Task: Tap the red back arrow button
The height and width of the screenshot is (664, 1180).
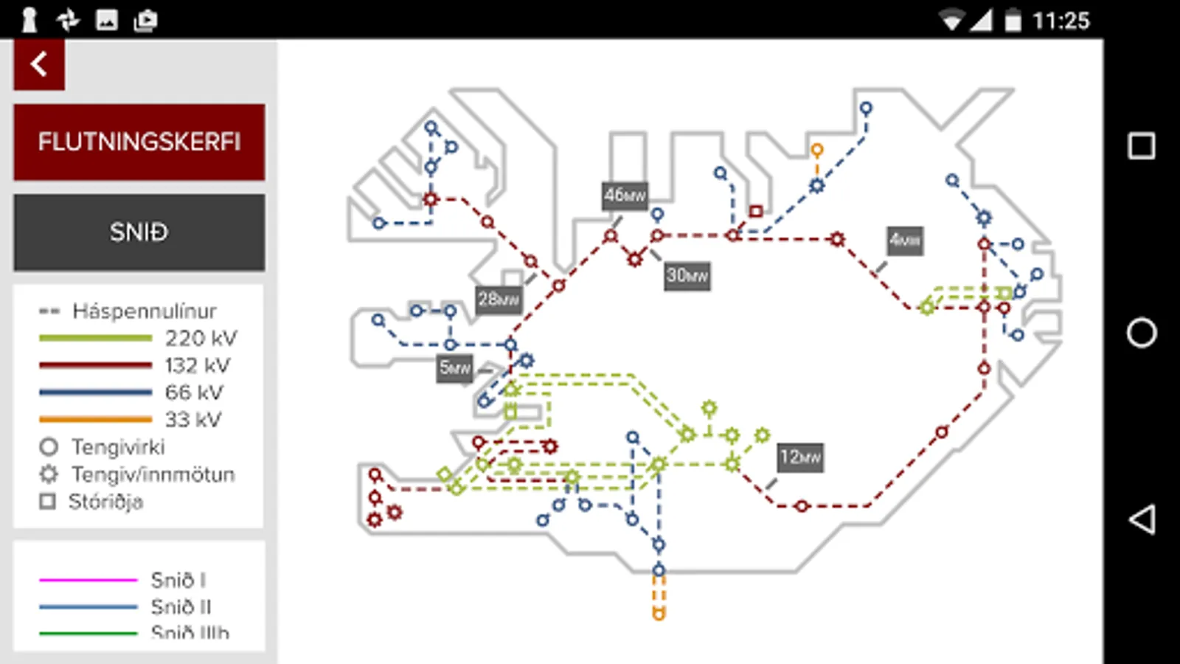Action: tap(39, 65)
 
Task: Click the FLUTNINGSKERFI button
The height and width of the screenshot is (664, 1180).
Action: tap(139, 142)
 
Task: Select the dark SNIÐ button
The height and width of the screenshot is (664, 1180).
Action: tap(139, 232)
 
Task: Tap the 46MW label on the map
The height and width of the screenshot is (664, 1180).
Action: tap(625, 196)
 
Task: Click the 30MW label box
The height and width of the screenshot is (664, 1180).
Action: tap(687, 276)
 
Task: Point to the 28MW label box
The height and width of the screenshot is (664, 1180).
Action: tap(498, 300)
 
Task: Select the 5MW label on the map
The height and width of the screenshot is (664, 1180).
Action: tap(454, 367)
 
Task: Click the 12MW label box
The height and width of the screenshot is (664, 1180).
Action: tap(800, 457)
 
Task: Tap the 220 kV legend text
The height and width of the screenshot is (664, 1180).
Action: tap(201, 339)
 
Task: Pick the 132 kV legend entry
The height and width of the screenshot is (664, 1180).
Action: tap(197, 366)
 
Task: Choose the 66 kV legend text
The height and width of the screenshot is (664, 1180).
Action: tap(193, 392)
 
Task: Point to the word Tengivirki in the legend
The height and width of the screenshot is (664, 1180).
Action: tap(118, 447)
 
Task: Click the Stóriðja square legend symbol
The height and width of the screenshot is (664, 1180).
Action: tap(48, 502)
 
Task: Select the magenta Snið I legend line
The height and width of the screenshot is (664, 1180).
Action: tap(88, 581)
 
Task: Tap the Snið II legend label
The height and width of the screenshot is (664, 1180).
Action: tap(181, 607)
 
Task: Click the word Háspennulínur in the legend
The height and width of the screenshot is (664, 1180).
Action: tap(145, 311)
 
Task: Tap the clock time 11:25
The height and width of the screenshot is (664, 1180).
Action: tap(1061, 21)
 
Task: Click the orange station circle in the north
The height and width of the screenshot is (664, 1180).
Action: tap(816, 150)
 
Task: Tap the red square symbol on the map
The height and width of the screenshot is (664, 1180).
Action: tap(756, 211)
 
